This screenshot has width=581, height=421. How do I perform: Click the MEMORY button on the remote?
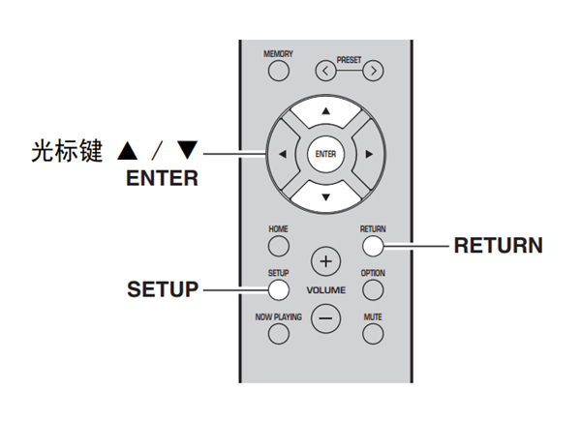(x=279, y=71)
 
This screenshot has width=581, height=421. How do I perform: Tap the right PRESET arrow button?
(x=373, y=71)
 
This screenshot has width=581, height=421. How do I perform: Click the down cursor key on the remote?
(x=325, y=195)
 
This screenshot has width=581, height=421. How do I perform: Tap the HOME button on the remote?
(x=279, y=246)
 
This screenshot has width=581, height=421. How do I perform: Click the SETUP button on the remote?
(x=279, y=289)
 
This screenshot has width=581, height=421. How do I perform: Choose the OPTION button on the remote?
(x=373, y=289)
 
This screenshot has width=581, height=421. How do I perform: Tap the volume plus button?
(x=325, y=261)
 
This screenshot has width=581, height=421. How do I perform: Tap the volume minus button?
(x=325, y=318)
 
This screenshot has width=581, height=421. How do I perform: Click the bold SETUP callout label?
(x=163, y=289)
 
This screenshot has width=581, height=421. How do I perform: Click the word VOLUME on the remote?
(x=325, y=290)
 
